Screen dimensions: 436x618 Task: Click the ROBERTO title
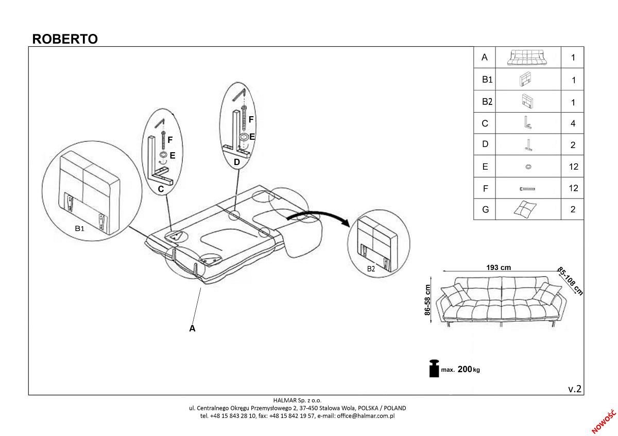[65, 39]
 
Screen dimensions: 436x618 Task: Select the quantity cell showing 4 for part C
[573, 123]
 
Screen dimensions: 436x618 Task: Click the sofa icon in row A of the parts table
[527, 57]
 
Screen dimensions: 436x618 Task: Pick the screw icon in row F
[527, 189]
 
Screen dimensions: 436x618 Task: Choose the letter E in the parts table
[485, 167]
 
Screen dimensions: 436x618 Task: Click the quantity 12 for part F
[573, 188]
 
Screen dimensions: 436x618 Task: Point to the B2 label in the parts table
[487, 102]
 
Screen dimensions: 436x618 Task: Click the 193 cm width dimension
[499, 267]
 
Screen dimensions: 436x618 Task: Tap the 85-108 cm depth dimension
[570, 281]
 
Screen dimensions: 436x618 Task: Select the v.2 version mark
[575, 389]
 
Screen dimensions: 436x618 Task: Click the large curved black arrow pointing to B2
[319, 217]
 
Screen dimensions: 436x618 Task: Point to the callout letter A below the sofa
[192, 328]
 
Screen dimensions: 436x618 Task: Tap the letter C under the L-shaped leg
[161, 189]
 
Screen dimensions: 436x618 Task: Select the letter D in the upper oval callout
[236, 162]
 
